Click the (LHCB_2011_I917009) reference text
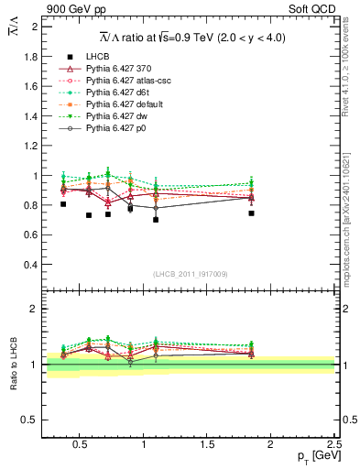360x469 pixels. [190, 273]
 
